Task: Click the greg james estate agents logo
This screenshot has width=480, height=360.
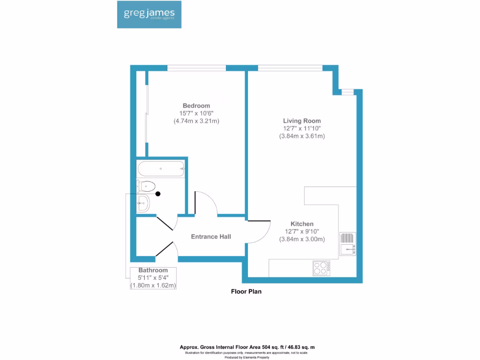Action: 149,14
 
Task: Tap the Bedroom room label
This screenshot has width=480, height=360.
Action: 196,105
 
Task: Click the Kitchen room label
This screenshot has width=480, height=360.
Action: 302,224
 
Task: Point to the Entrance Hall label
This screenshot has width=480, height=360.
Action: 211,237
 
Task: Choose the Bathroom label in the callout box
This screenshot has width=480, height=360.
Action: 153,270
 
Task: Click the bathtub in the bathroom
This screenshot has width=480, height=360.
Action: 160,169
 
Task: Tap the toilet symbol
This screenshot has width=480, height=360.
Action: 146,187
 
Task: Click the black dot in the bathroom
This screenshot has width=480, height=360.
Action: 158,194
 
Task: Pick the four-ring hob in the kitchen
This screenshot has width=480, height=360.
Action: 322,269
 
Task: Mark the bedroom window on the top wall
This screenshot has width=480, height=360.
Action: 197,68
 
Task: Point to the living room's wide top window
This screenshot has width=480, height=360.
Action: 290,68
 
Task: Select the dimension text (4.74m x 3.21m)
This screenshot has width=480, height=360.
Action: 196,121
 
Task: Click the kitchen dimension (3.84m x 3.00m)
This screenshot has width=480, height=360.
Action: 302,239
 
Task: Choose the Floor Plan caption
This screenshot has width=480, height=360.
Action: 246,292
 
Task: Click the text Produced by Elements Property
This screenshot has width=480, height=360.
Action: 247,357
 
